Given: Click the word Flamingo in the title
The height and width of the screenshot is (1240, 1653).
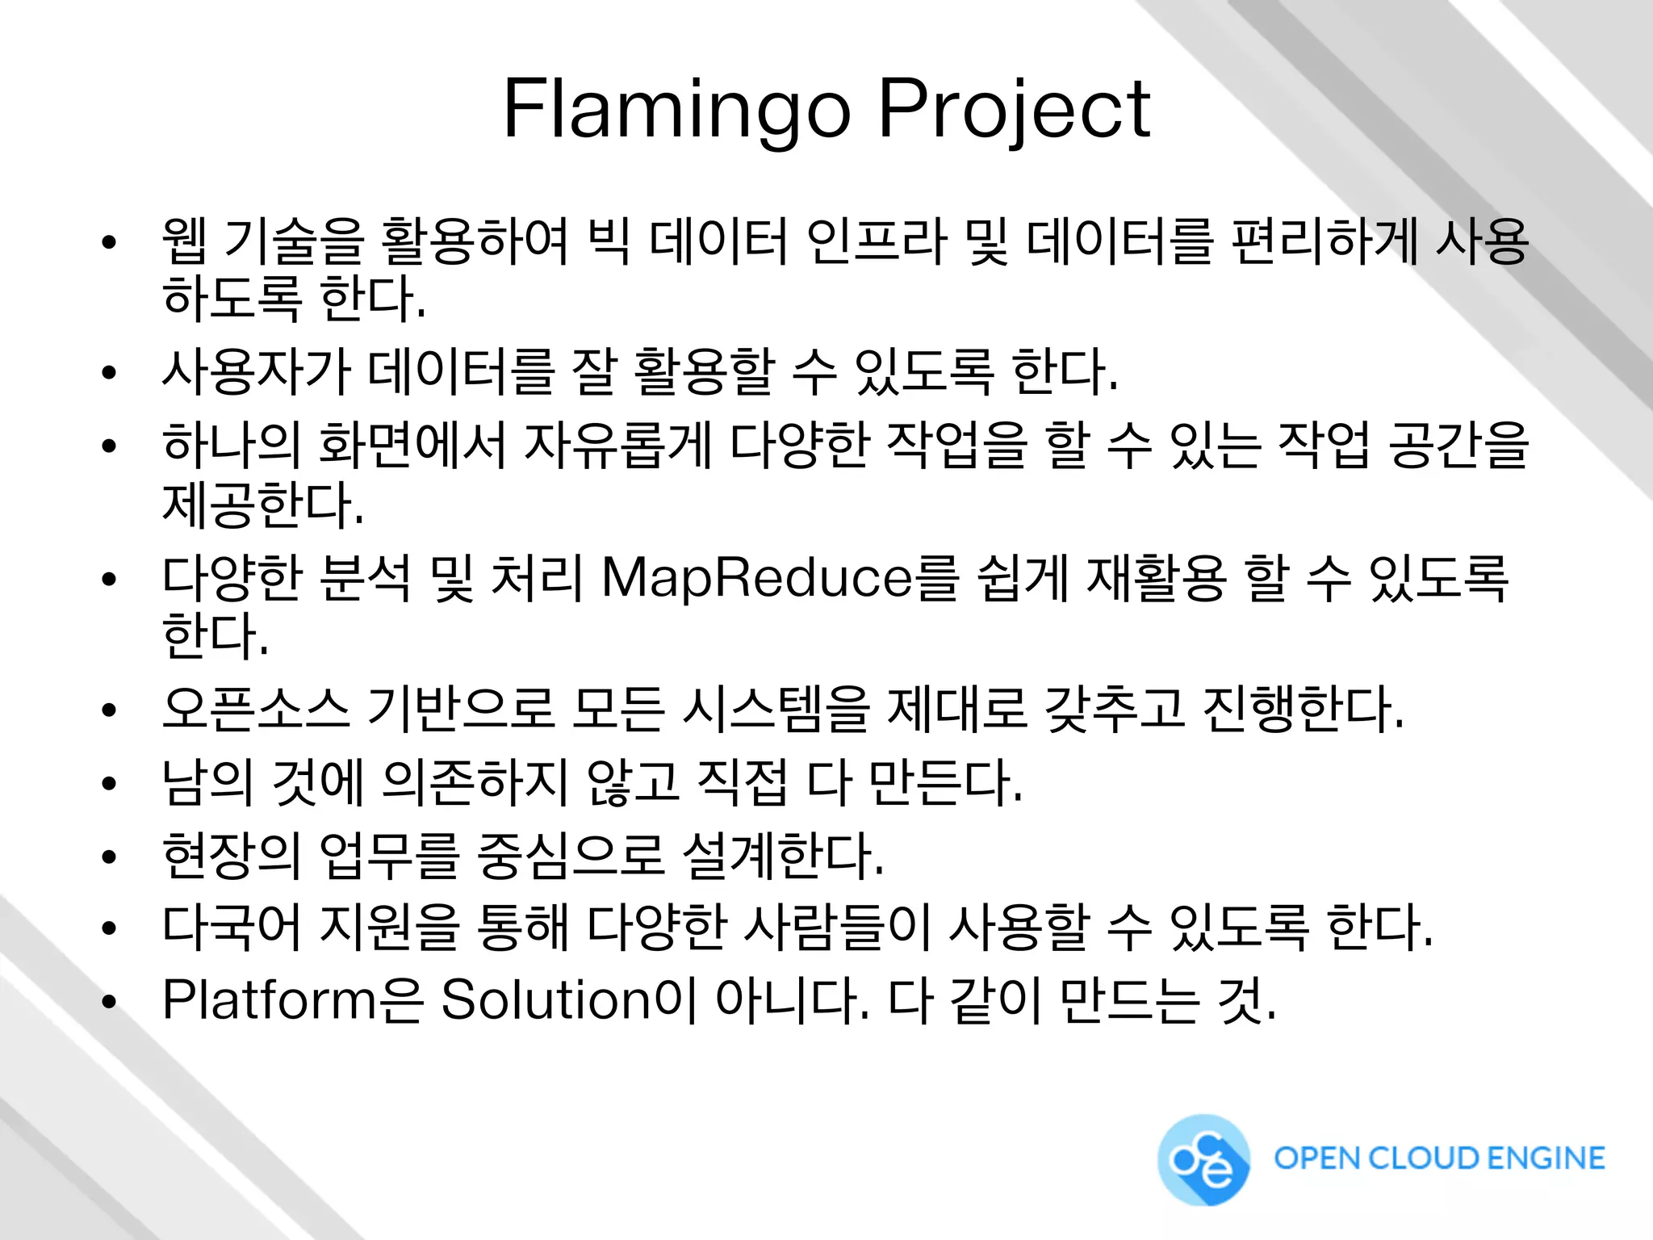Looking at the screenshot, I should [676, 110].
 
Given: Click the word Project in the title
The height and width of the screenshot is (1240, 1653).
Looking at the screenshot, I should [1014, 110].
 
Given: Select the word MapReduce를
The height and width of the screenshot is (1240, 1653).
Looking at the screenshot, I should [780, 578].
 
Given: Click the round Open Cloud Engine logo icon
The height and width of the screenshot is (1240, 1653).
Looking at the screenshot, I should [1203, 1160].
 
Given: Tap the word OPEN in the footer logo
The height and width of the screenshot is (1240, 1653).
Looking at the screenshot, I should [1314, 1158].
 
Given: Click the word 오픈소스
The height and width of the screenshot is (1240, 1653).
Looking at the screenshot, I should [256, 709].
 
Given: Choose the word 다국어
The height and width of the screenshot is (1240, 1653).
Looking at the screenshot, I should [232, 927].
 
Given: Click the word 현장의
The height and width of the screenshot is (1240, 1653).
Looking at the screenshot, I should [232, 856].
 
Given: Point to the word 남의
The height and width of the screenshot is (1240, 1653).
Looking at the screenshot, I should [207, 781].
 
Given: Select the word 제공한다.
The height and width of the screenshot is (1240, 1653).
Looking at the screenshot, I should [263, 505].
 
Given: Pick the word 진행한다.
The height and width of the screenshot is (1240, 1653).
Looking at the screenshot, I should [1303, 709].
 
